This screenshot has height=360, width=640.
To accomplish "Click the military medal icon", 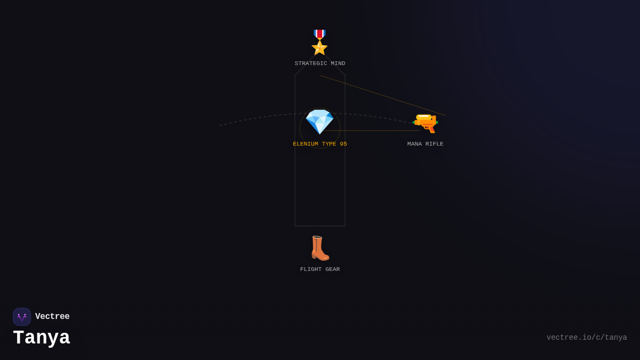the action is [319, 42].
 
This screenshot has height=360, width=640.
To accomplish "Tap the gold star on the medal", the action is [319, 47].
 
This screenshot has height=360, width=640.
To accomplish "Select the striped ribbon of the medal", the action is [319, 34].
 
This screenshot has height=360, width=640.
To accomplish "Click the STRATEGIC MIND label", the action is [319, 63].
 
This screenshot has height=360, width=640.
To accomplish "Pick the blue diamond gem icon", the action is [319, 122].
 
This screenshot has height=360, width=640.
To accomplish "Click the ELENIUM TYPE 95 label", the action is [319, 144].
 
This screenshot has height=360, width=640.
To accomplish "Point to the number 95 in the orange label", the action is [343, 144].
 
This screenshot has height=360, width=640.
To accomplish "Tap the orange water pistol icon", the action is [425, 123].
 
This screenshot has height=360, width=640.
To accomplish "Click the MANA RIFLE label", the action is [425, 144].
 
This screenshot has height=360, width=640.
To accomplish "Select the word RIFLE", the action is [434, 144].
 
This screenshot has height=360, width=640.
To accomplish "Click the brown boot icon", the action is [320, 248].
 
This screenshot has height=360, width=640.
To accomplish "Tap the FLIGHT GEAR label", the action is [319, 269].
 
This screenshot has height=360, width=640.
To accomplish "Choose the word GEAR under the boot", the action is [333, 269].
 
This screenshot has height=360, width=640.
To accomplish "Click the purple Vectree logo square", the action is [22, 317].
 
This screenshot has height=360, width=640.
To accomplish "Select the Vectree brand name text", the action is [52, 316].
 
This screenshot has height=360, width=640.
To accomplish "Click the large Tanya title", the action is [42, 338].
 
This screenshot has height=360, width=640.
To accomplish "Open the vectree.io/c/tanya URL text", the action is [587, 338].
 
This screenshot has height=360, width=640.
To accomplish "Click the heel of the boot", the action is [314, 256].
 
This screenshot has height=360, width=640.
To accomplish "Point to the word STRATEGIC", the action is [311, 63].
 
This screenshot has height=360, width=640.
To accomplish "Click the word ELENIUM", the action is [306, 144].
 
